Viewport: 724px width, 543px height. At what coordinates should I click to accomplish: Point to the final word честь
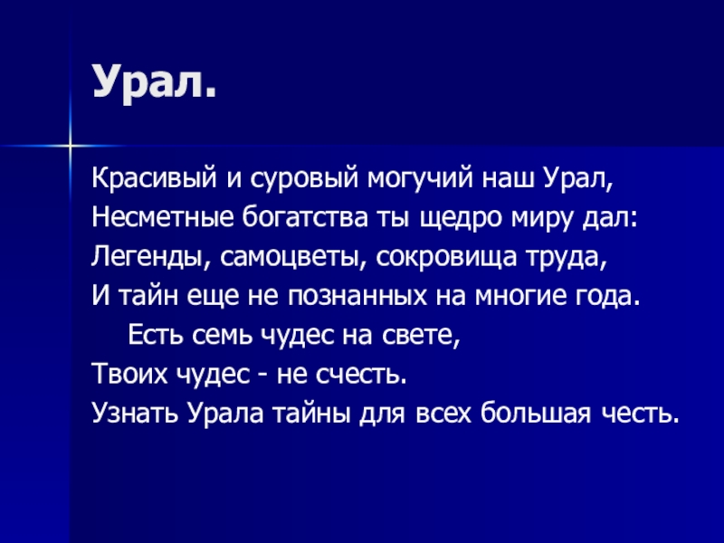[x=638, y=413]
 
